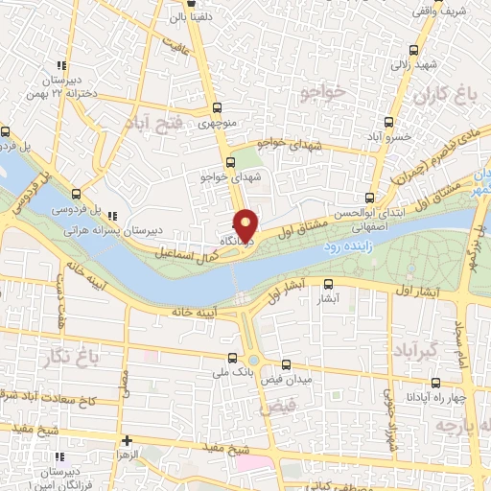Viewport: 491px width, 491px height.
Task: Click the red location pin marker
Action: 246,224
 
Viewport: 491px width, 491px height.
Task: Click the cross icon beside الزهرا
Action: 127,440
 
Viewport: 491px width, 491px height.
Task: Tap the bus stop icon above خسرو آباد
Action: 388,122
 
